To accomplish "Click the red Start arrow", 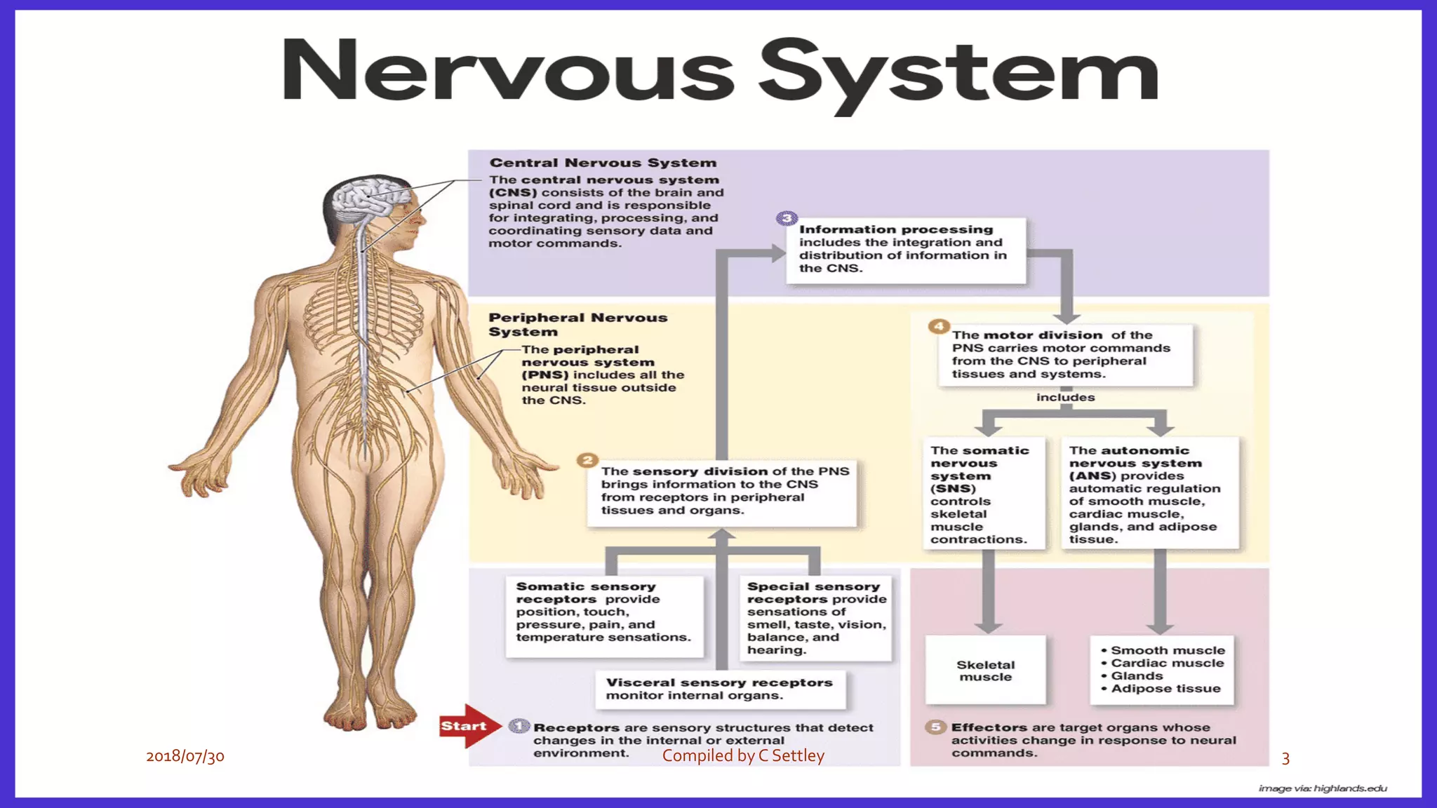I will coord(467,726).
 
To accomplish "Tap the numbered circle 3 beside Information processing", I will coord(787,218).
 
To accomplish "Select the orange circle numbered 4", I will coord(938,326).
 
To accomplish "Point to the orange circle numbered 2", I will coord(587,460).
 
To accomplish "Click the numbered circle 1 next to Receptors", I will coord(519,726).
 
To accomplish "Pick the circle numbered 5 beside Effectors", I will coord(935,727).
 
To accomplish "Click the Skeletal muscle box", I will coord(985,670).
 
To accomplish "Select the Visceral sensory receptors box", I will coord(720,689).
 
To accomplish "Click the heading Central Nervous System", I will coord(603,163).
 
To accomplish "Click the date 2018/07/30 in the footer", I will coord(185,756).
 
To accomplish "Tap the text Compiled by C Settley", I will coord(743,755).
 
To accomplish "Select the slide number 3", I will coord(1285,758).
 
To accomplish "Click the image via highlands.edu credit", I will coord(1323,788).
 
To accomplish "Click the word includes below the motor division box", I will coord(1065,398).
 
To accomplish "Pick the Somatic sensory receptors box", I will coord(604,616).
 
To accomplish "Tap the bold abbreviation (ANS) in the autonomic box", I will coord(1092,476).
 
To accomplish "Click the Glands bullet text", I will coord(1137,676).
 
